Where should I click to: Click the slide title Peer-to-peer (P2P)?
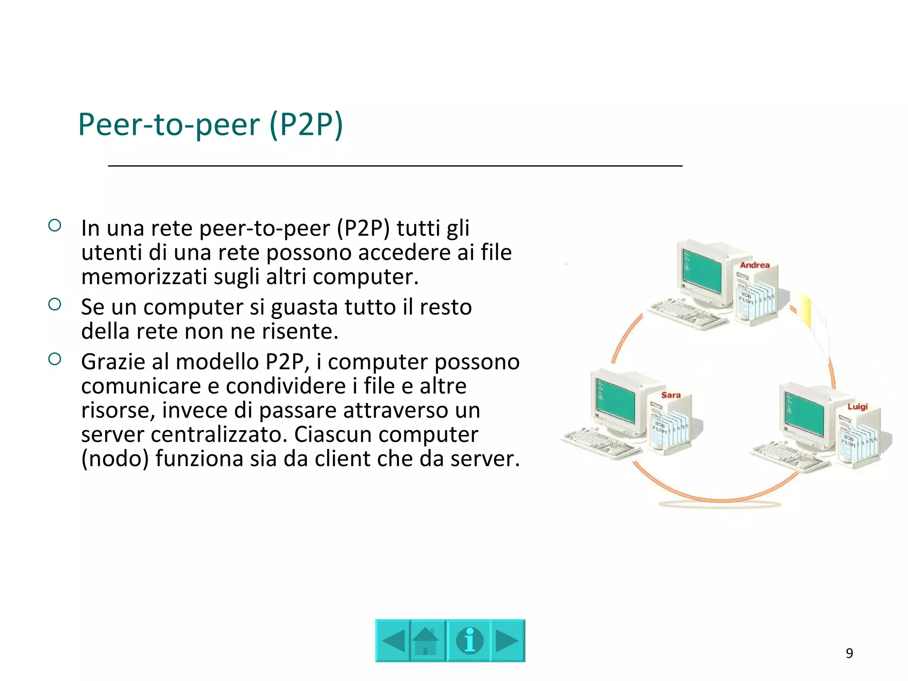tap(211, 125)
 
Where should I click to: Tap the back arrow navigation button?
tap(393, 641)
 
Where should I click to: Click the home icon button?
tap(427, 641)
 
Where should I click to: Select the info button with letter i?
tap(469, 641)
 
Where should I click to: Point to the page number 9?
tap(849, 653)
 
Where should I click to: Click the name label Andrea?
tap(755, 265)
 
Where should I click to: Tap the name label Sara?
tap(671, 395)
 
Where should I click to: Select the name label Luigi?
tap(857, 407)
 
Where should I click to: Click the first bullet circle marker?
tap(55, 226)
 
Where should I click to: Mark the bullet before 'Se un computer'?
tap(55, 304)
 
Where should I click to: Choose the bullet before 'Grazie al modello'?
tap(55, 359)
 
